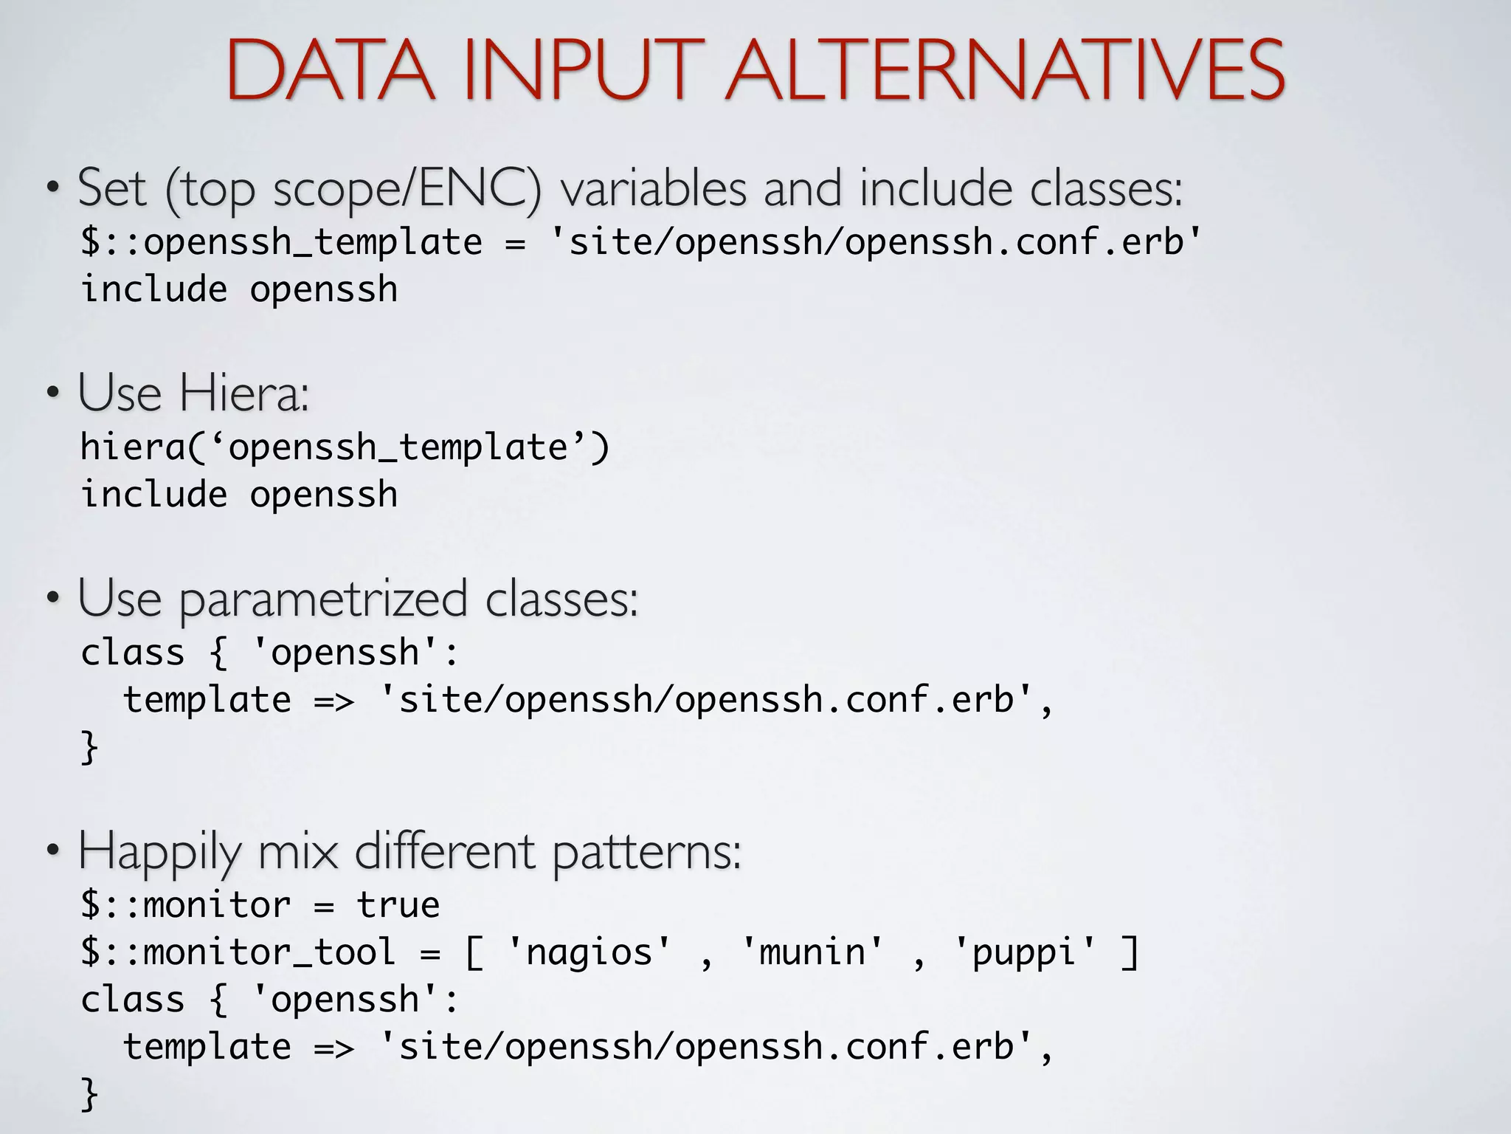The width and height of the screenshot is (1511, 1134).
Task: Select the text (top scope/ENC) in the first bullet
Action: pos(353,189)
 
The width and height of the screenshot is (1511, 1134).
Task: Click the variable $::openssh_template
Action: pos(281,242)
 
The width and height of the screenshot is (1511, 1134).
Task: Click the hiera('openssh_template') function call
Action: pos(345,447)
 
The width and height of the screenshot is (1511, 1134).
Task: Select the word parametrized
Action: pos(323,599)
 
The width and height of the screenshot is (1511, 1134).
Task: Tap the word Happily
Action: pos(159,853)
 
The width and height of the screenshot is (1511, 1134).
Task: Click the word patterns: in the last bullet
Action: pos(646,853)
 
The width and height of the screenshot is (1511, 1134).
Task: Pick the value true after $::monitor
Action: pos(398,905)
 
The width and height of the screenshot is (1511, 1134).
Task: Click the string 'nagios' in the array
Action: pos(589,952)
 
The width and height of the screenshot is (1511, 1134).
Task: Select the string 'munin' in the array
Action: pos(812,952)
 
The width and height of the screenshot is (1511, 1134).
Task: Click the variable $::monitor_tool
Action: pos(238,952)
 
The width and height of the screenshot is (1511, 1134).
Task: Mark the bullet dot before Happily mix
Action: pos(53,850)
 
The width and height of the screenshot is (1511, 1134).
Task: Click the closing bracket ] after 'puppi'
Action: pos(1130,952)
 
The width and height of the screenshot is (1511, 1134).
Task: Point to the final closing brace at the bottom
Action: pos(89,1093)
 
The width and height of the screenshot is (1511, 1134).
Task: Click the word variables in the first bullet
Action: pos(653,189)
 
